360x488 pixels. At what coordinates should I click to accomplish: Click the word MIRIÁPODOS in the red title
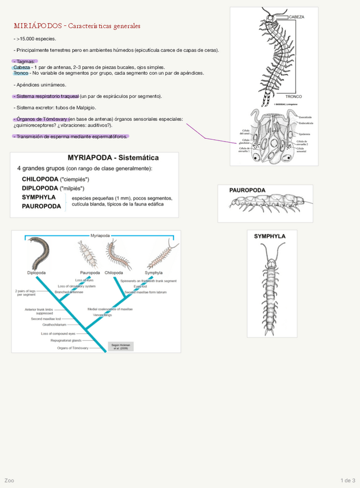click(38, 26)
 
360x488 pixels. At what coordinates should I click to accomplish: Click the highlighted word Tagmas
click(25, 62)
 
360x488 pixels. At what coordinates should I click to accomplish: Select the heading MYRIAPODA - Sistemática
click(113, 158)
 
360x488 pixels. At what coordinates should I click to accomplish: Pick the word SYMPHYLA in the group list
click(39, 197)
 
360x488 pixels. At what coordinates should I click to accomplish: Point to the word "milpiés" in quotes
click(73, 188)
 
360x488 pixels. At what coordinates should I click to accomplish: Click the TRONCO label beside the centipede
click(294, 97)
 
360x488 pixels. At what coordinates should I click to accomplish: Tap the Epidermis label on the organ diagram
click(305, 134)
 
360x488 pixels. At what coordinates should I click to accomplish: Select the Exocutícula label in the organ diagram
click(305, 117)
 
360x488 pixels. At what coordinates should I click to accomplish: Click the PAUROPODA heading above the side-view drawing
click(248, 190)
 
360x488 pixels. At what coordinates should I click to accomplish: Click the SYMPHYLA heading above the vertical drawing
click(270, 237)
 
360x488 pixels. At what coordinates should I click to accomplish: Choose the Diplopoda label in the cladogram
click(36, 272)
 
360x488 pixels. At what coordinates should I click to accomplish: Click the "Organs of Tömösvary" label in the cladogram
click(73, 348)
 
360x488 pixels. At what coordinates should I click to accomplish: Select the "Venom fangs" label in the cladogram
click(103, 315)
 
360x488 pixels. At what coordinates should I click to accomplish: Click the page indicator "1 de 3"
click(348, 481)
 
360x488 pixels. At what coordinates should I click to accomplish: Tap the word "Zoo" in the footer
click(9, 481)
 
